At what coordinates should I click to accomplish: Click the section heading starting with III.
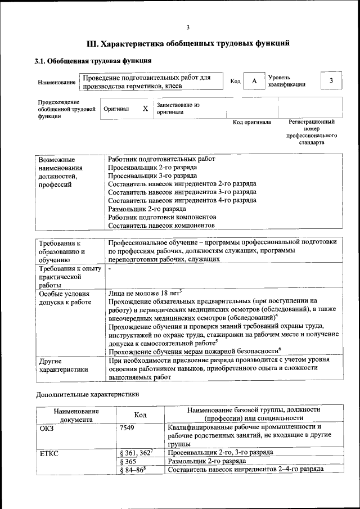click(x=188, y=43)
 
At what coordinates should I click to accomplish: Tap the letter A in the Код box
click(x=254, y=82)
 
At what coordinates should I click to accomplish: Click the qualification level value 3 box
click(x=331, y=81)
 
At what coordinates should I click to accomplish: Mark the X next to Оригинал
click(x=145, y=109)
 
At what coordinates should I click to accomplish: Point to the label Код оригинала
click(x=252, y=122)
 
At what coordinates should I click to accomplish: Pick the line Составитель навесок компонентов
click(x=161, y=224)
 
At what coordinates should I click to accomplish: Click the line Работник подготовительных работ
click(x=161, y=159)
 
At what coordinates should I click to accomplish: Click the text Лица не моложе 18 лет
click(x=144, y=293)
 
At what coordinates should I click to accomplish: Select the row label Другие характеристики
click(x=64, y=365)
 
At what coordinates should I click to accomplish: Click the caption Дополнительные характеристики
click(x=88, y=394)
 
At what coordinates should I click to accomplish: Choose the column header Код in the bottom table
click(x=140, y=415)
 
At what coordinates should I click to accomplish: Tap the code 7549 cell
click(x=127, y=427)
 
